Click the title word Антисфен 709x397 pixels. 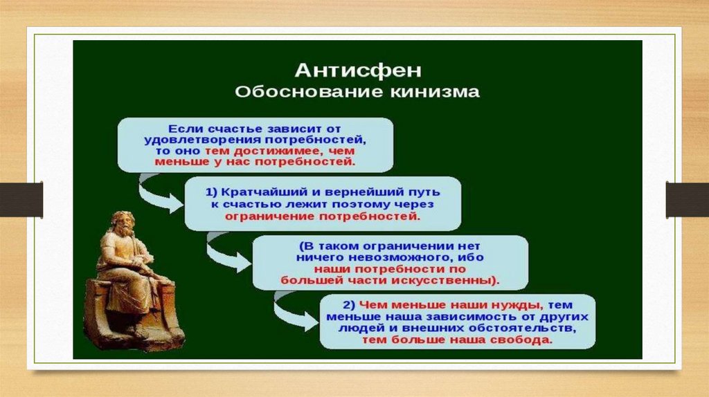358,70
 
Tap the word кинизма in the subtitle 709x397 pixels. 434,92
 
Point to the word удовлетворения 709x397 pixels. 204,140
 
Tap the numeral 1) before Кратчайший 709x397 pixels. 212,192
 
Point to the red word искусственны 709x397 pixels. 445,280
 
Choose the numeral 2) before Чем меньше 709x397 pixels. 349,305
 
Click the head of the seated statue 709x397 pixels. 124,223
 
